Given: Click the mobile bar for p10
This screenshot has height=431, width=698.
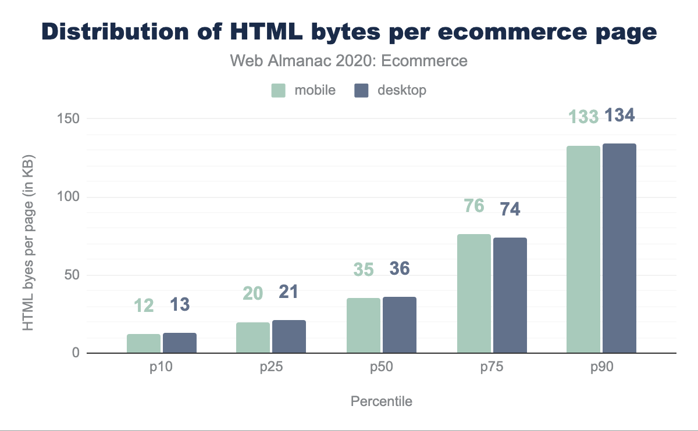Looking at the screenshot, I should [144, 343].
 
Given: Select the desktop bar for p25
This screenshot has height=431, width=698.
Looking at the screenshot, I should [289, 336].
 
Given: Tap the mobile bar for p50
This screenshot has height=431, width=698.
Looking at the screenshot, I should [364, 325].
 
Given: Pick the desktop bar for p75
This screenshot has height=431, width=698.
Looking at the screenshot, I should [510, 295].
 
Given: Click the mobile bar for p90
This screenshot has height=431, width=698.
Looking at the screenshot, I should [583, 249].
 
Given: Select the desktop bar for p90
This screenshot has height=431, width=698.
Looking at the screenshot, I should [619, 248].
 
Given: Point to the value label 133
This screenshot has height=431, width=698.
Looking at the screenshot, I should [583, 117].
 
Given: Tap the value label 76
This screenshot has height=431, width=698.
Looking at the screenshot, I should [475, 206].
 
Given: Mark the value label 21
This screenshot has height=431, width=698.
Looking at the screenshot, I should [289, 292].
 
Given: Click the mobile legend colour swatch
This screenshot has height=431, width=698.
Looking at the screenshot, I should [279, 91].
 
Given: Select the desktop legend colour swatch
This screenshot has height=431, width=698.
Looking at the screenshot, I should [362, 91].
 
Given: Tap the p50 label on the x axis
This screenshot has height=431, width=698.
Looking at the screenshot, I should [382, 368].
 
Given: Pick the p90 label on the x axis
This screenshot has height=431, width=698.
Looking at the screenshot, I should [601, 368].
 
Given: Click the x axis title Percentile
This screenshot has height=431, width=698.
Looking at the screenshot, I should [381, 401].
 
